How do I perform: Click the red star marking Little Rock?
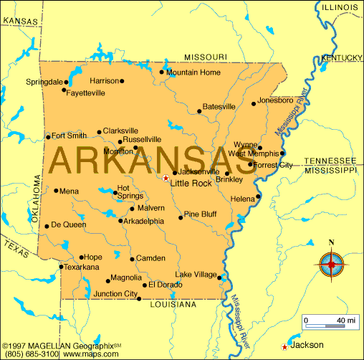(166, 178)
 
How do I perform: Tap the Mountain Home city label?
(193, 72)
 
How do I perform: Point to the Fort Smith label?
(69, 135)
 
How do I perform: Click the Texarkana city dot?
(61, 267)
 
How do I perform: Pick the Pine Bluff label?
(200, 214)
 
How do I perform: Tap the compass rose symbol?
(330, 265)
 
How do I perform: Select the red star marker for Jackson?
(286, 346)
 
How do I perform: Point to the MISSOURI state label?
(206, 57)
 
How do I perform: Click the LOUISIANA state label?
(173, 305)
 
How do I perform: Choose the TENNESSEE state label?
(330, 161)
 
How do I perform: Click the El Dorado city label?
(166, 285)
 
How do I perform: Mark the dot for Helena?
(258, 196)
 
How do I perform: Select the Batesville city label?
(219, 107)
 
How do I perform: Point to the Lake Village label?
(196, 275)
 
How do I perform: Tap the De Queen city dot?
(47, 225)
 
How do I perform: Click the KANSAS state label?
(20, 22)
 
